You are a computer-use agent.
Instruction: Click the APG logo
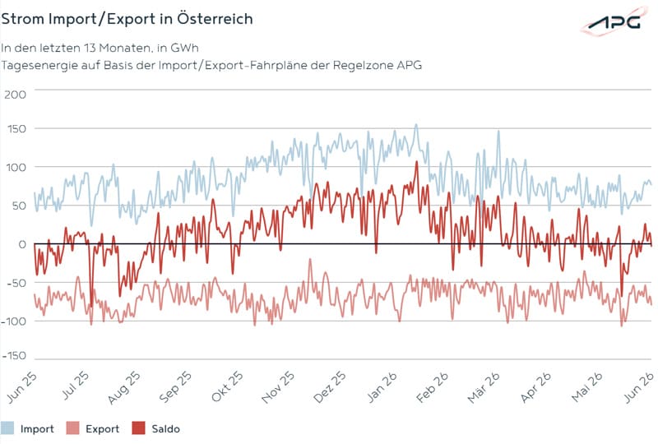click(615, 21)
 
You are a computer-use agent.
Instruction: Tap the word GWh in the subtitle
click(184, 48)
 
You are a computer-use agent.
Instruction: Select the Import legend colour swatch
click(7, 428)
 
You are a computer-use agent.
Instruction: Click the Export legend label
click(102, 429)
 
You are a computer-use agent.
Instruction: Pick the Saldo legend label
click(166, 429)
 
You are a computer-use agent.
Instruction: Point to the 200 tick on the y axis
click(15, 94)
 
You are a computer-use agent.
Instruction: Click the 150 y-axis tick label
click(16, 129)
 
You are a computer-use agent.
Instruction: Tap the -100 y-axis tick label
click(14, 321)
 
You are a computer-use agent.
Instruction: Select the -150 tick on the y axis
click(14, 356)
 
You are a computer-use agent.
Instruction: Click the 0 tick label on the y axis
click(22, 244)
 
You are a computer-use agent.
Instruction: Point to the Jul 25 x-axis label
click(76, 386)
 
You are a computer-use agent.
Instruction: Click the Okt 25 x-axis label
click(227, 386)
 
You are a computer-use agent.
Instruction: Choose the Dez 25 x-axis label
click(330, 387)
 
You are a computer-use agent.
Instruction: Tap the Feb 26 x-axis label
click(433, 387)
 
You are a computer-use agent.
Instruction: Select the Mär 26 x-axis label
click(484, 387)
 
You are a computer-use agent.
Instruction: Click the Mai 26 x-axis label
click(587, 387)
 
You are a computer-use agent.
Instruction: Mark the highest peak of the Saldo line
click(417, 161)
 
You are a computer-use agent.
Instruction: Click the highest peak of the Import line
click(416, 124)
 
